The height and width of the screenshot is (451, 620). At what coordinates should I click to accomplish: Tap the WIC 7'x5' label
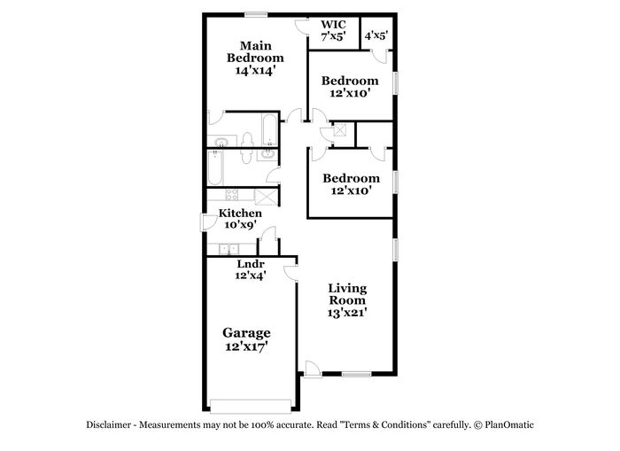pyautogui.click(x=333, y=30)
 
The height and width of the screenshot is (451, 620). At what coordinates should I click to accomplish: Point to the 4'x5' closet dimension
pyautogui.click(x=376, y=35)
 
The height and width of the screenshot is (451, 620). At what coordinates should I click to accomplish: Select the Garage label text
pyautogui.click(x=246, y=333)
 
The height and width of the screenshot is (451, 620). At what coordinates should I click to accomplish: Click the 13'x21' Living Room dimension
pyautogui.click(x=347, y=313)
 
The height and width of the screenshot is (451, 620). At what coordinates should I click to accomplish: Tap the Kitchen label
pyautogui.click(x=240, y=214)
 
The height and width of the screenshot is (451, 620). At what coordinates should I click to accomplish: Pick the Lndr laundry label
pyautogui.click(x=251, y=264)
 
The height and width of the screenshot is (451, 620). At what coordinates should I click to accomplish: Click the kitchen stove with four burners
pyautogui.click(x=232, y=194)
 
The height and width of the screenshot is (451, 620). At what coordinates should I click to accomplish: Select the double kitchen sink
pyautogui.click(x=229, y=249)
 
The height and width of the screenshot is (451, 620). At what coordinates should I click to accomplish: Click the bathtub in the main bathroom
pyautogui.click(x=270, y=130)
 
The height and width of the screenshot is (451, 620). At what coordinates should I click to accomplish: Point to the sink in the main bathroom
pyautogui.click(x=221, y=141)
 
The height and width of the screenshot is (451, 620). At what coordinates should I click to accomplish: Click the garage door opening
pyautogui.click(x=251, y=407)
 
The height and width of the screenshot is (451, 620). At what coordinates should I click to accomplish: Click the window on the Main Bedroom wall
pyautogui.click(x=256, y=15)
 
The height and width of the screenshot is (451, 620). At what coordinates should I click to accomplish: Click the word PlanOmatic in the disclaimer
pyautogui.click(x=509, y=425)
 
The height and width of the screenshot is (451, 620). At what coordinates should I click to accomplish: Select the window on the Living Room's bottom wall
pyautogui.click(x=357, y=374)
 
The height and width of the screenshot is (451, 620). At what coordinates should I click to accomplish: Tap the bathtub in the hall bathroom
pyautogui.click(x=215, y=167)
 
